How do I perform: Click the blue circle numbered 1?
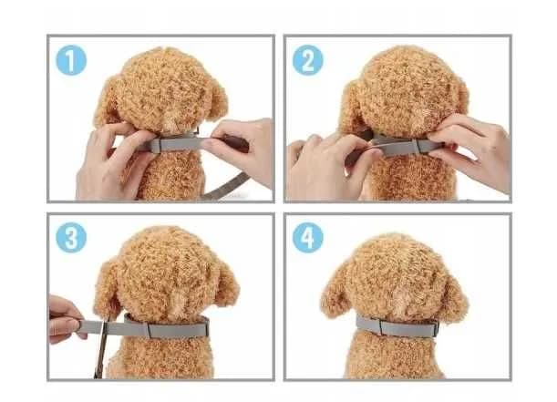pos(71,60)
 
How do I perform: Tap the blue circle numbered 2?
pos(307,60)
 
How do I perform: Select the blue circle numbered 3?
pos(71,238)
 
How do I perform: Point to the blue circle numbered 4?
pos(307,238)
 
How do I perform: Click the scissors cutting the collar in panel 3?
pos(101,346)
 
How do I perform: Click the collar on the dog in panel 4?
pos(397,327)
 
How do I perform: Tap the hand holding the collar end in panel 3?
pos(64,319)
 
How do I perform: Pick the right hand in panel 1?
pos(242,149)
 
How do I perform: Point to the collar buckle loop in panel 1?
pos(156,146)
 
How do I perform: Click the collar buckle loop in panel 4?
pos(382,327)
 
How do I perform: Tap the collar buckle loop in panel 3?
pos(150,330)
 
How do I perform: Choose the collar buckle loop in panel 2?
pos(422,146)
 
